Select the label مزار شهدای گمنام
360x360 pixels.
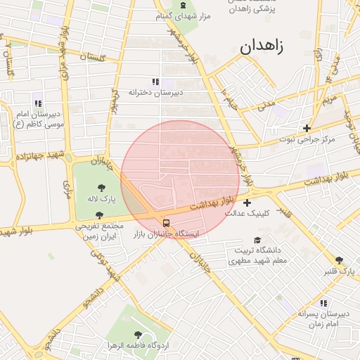tap(184, 15)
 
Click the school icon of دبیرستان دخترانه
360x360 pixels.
tap(155, 81)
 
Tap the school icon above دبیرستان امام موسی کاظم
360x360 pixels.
tap(37, 103)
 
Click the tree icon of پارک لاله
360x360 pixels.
tap(102, 188)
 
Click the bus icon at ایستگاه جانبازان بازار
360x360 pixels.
tap(166, 223)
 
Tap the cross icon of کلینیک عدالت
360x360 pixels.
tap(247, 203)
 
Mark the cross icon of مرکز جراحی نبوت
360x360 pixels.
tap(307, 128)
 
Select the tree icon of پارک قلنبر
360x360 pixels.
tap(339, 261)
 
